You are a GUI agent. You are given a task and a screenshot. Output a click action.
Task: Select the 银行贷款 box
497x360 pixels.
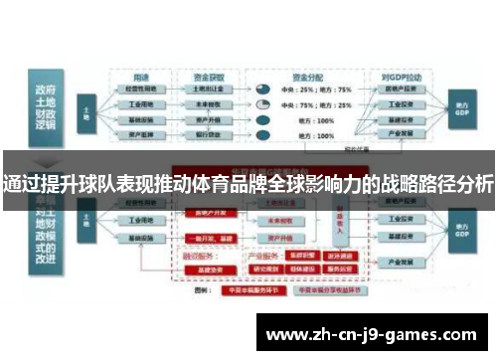point(209,132)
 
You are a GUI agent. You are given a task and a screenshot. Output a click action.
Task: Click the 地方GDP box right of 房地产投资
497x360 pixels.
point(461,104)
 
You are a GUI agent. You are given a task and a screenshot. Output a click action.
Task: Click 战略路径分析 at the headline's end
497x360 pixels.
point(436,182)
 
